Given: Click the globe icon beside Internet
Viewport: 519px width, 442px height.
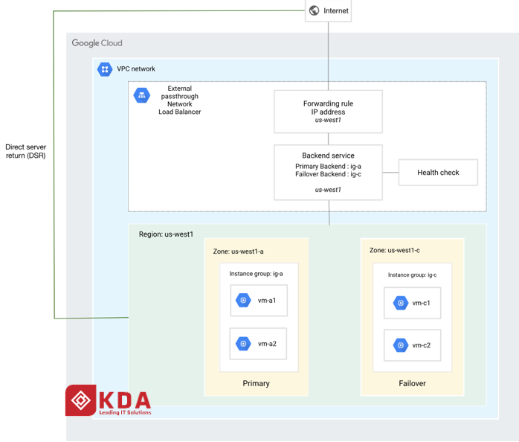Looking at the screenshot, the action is click(x=314, y=10).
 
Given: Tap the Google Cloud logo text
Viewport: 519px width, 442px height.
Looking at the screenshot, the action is click(x=97, y=43).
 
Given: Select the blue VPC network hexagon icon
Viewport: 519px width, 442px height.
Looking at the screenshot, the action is click(x=105, y=69).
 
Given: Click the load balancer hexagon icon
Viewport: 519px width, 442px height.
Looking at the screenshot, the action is click(x=142, y=95).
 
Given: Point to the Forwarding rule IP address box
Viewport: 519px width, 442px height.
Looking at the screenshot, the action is click(x=328, y=112).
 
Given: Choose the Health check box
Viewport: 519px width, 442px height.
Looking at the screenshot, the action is click(x=438, y=173).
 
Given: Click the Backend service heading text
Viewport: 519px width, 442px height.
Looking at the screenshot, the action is click(x=328, y=156).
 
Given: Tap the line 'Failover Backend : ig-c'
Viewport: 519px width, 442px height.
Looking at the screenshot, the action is click(x=328, y=174).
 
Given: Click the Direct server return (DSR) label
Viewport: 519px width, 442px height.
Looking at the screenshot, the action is click(x=25, y=151).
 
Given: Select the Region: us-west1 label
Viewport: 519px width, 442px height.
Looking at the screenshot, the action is click(x=166, y=234).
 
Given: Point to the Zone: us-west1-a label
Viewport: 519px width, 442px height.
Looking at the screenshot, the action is click(x=239, y=252).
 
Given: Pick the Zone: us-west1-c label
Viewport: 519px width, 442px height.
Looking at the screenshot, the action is click(x=395, y=250).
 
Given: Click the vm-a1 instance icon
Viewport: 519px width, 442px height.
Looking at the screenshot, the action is click(x=243, y=300).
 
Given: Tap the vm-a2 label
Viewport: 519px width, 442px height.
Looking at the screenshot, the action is click(x=267, y=344).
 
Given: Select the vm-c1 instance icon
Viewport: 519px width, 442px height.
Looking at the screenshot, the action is click(x=401, y=303).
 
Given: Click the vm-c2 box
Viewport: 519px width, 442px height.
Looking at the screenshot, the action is click(x=412, y=345).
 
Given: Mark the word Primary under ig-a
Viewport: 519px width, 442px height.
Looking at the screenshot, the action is click(x=257, y=383).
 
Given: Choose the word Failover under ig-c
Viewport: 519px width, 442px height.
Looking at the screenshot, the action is click(x=412, y=383).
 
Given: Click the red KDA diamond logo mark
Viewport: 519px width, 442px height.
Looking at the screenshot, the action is click(x=81, y=400).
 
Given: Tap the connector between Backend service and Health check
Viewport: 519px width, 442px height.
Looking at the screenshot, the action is click(x=390, y=173).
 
